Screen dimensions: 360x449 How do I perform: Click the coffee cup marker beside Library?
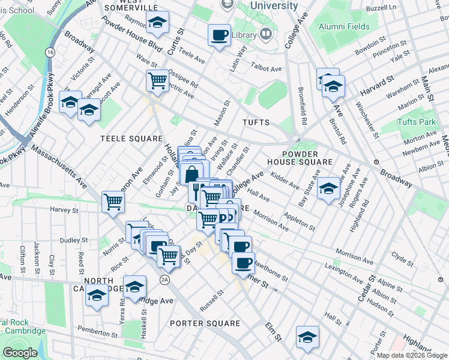pos(219,34)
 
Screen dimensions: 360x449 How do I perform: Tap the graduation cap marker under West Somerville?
pos(158,23)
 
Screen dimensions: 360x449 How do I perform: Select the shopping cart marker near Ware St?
pos(157,80)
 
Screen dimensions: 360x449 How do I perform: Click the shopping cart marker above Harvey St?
pos(113,202)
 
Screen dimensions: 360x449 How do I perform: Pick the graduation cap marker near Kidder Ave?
pos(328,189)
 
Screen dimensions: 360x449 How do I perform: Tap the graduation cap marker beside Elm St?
pos(308,337)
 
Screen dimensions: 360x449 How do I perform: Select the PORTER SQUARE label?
pos(205,323)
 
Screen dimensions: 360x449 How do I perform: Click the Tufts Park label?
pos(416,122)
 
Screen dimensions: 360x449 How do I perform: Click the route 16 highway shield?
pos(49,53)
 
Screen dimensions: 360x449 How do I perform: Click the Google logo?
pos(20,353)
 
